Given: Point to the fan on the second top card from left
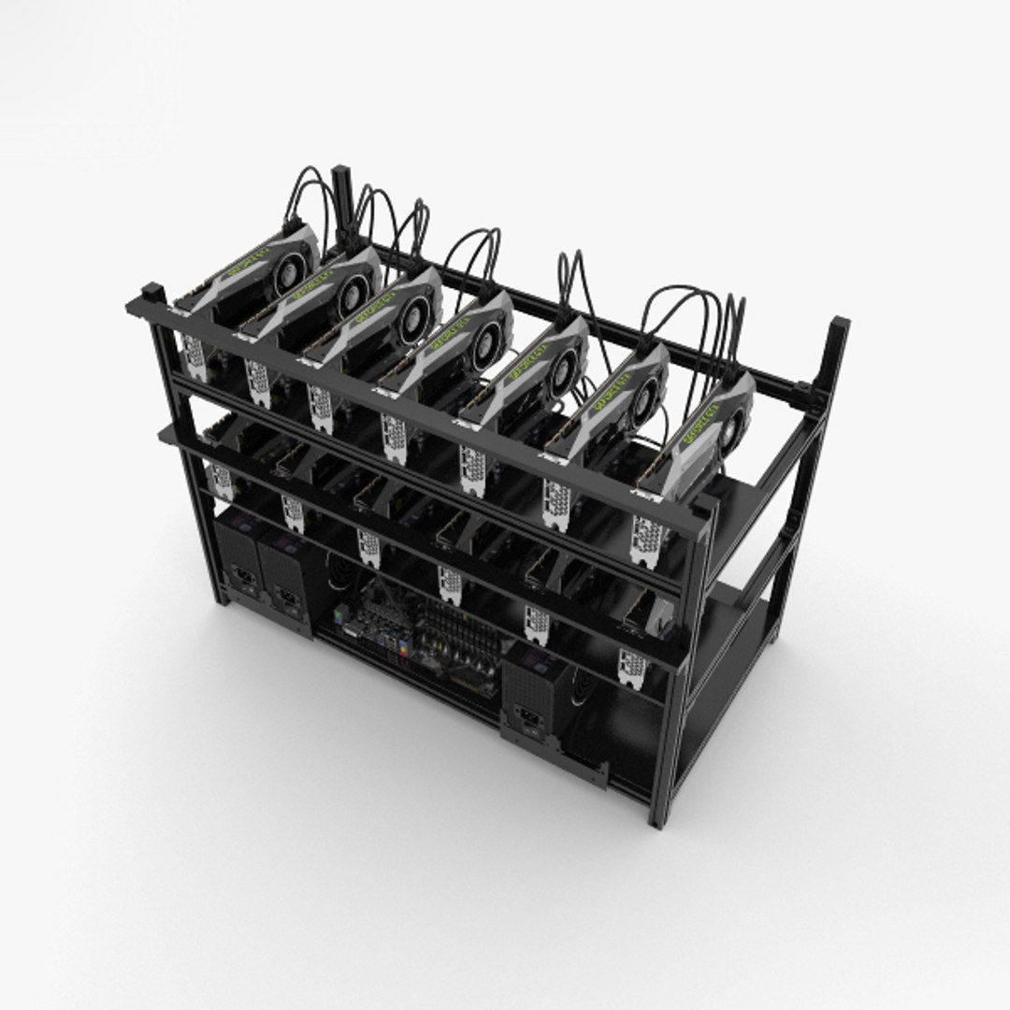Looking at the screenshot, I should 355,291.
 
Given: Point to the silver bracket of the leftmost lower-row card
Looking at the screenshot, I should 222,481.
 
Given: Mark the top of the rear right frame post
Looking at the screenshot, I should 838,325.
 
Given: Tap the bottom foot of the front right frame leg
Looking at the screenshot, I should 660,819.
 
